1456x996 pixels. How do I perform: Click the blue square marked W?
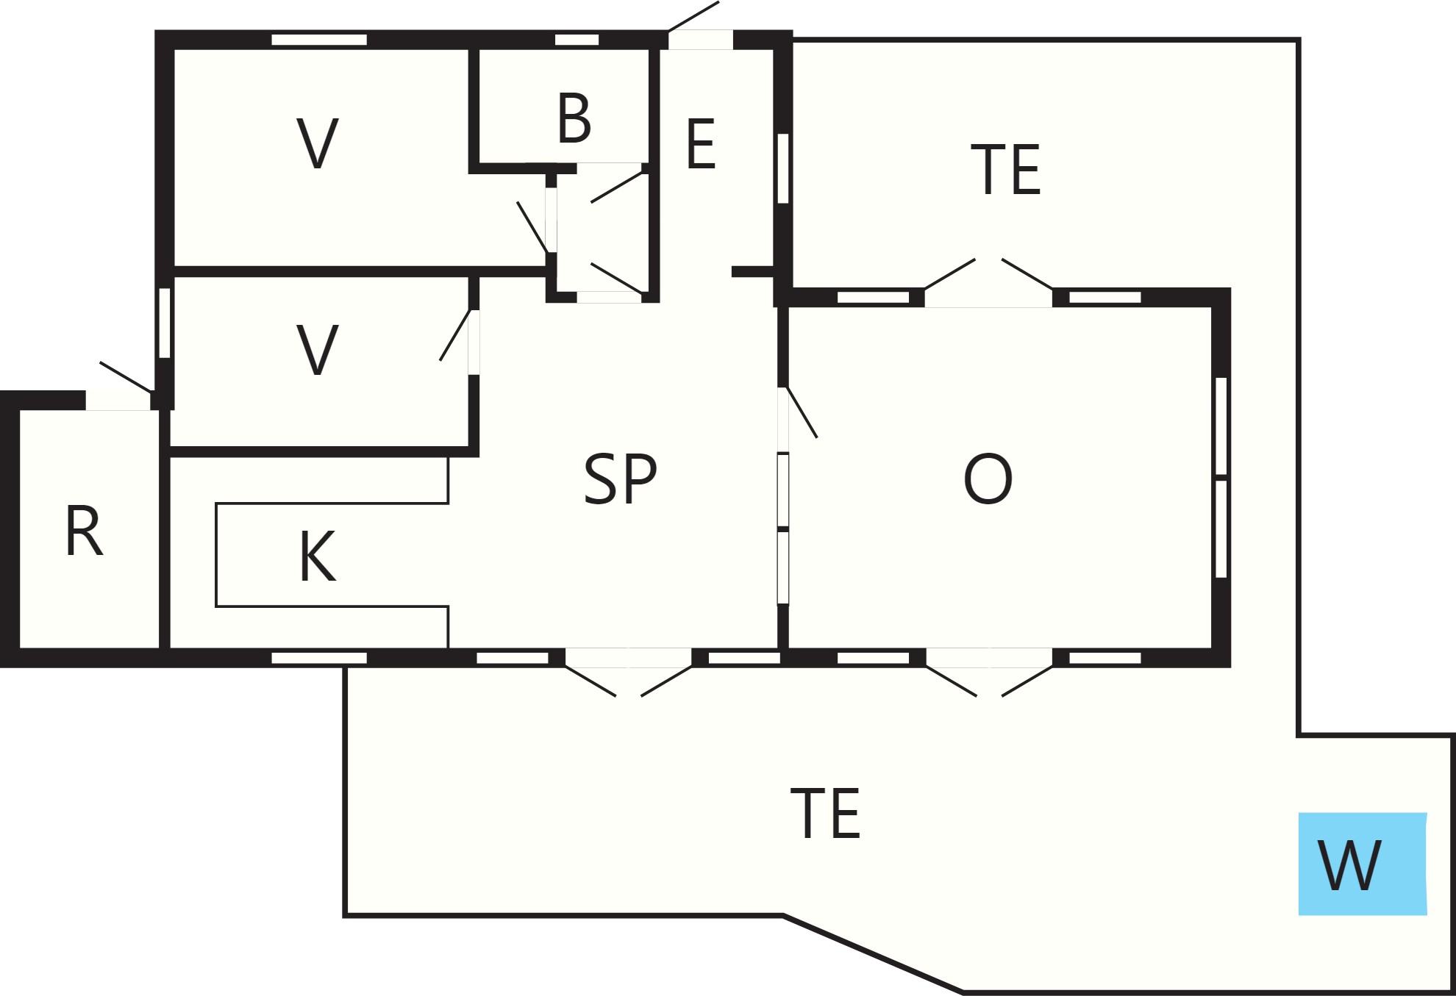pyautogui.click(x=1363, y=864)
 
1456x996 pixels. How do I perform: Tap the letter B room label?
pyautogui.click(x=574, y=118)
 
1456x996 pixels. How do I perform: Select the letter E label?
pyautogui.click(x=701, y=144)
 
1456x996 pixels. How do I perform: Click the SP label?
pyautogui.click(x=620, y=479)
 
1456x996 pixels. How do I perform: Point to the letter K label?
pyautogui.click(x=318, y=556)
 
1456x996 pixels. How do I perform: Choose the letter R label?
pyautogui.click(x=84, y=531)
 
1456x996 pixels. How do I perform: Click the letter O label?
pyautogui.click(x=988, y=479)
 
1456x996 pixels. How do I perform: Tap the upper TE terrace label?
pyautogui.click(x=1005, y=170)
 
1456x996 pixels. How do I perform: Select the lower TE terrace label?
pyautogui.click(x=825, y=813)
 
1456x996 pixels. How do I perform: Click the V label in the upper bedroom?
pyautogui.click(x=318, y=143)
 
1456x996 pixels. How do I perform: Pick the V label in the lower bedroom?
pyautogui.click(x=318, y=350)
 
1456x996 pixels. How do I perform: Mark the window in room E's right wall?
pyautogui.click(x=783, y=168)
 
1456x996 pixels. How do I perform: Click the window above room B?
pyautogui.click(x=577, y=40)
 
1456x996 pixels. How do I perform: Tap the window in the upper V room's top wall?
pyautogui.click(x=319, y=40)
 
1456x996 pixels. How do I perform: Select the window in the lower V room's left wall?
pyautogui.click(x=165, y=323)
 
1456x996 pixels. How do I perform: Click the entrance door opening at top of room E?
pyautogui.click(x=701, y=39)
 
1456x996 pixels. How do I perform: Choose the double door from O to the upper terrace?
pyautogui.click(x=988, y=284)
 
